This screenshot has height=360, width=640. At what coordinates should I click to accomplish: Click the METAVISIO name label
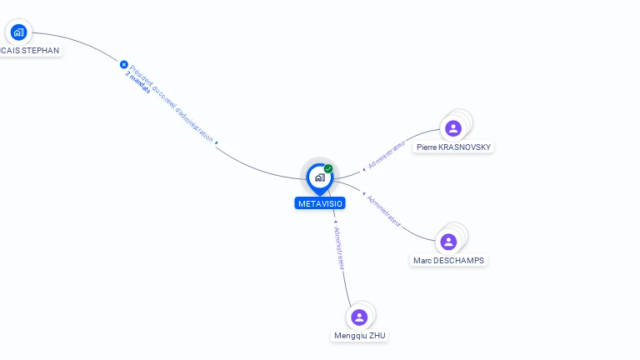point(320,203)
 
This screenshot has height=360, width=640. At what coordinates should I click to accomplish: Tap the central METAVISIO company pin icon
point(319,177)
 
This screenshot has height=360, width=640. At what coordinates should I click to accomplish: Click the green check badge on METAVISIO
point(328,169)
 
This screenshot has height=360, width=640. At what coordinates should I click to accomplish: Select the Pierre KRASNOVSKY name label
point(454,147)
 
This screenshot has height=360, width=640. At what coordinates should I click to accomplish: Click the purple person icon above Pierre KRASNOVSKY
point(453,128)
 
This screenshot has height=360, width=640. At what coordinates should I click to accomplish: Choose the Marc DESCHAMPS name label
point(448,261)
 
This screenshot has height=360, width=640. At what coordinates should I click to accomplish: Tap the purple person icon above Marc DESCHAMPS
point(448,242)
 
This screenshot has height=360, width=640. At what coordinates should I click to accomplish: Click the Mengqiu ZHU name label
point(360,336)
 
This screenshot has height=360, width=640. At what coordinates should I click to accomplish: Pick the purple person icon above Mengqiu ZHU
point(359,317)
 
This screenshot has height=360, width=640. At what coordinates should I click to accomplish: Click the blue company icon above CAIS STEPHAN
point(18,32)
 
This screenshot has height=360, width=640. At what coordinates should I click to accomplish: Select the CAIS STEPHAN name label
point(31,50)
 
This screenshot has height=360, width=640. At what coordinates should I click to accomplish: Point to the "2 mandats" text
point(138,82)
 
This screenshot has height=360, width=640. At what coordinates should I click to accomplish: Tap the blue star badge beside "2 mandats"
point(124,64)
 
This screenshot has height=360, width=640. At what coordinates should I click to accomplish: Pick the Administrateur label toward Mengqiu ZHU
point(339,247)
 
